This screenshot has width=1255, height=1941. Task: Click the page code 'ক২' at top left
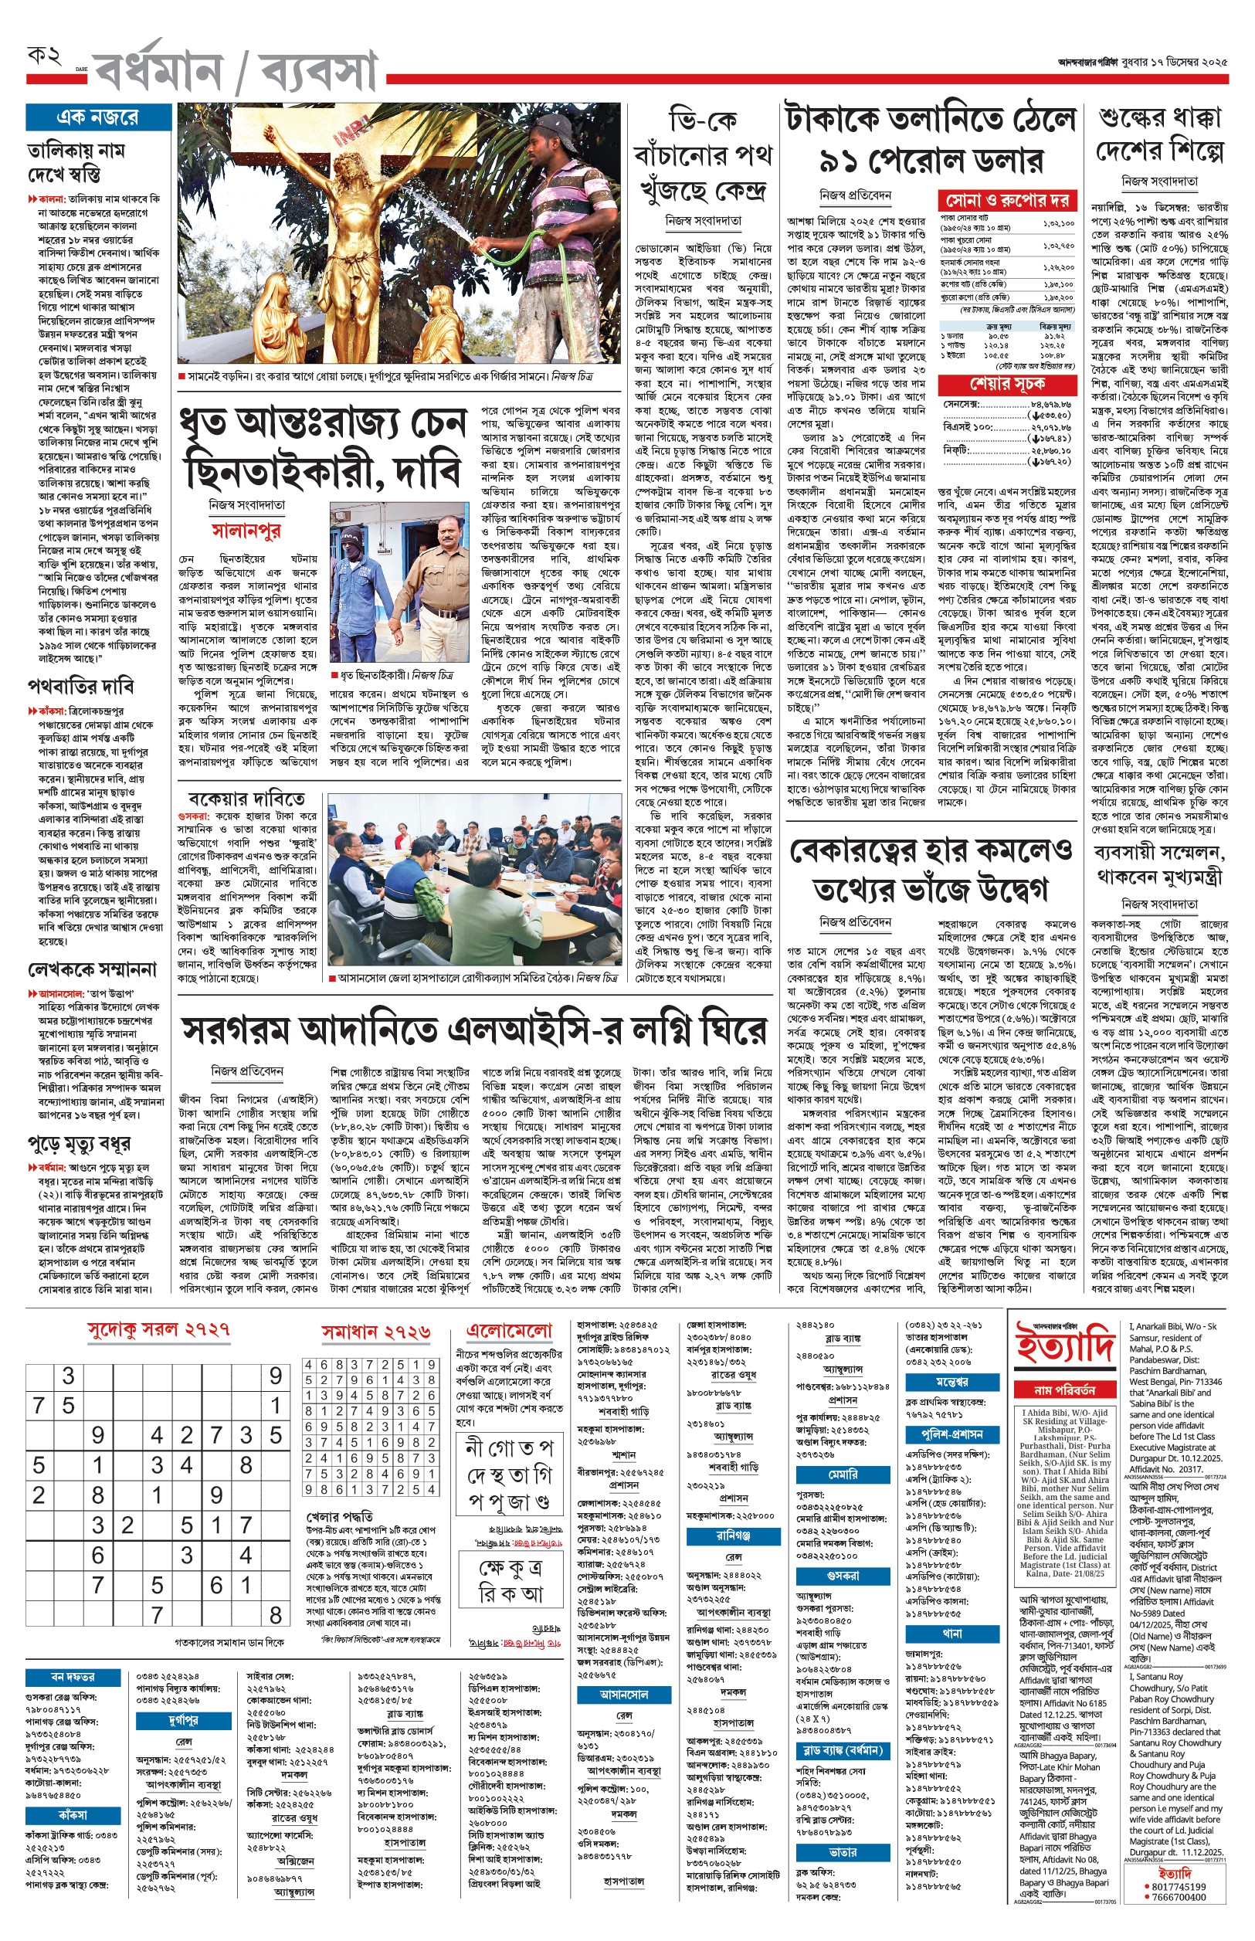[x=45, y=58]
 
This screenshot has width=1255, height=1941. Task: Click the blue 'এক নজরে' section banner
[x=98, y=117]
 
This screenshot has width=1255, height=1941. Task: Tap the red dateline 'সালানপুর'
[x=246, y=531]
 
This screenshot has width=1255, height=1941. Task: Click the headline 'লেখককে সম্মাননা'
[x=91, y=969]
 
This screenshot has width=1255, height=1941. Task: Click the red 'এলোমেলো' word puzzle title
[x=509, y=1331]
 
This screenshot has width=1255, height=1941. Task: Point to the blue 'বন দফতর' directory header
[x=73, y=1677]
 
